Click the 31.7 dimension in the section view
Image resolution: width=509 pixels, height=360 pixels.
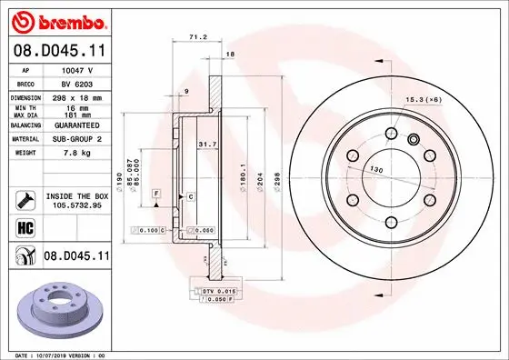[206, 142]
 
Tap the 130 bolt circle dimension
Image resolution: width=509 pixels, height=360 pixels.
[374, 168]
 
